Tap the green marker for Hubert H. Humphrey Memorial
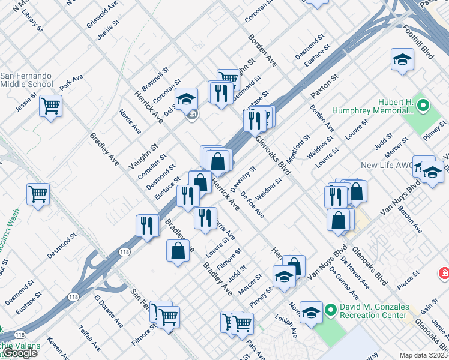[x=423, y=106]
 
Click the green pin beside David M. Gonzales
[x=330, y=310]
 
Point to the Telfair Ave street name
[x=90, y=338]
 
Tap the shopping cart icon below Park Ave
[x=51, y=106]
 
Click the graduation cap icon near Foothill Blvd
[x=402, y=59]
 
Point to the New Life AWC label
[x=385, y=164]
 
